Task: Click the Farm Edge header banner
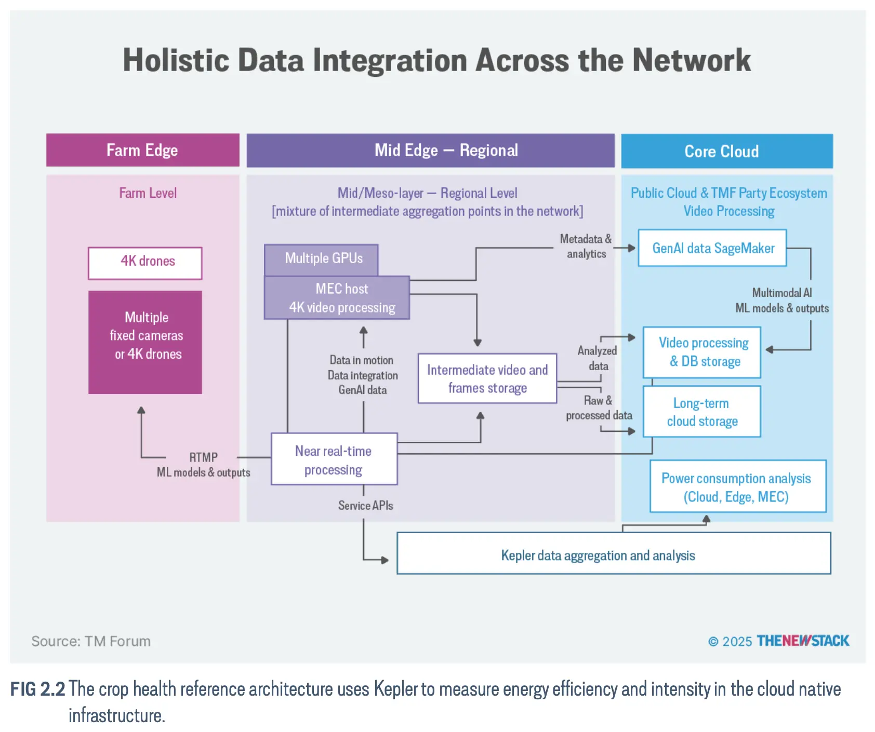(143, 150)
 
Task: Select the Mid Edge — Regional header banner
(430, 151)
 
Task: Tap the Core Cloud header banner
(727, 151)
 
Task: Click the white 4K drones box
(145, 263)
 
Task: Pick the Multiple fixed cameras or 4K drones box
(145, 342)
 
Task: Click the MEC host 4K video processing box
(337, 297)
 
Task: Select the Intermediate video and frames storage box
(487, 378)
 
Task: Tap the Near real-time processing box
(334, 459)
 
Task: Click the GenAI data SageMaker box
(712, 248)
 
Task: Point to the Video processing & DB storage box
(702, 352)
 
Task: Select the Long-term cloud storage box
(702, 412)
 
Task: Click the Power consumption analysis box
(738, 486)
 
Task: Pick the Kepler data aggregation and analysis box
(614, 553)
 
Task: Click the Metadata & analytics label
(586, 246)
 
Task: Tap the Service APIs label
(366, 505)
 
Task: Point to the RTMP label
(203, 457)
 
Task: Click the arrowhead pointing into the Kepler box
(385, 560)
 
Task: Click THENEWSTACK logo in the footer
(803, 641)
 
